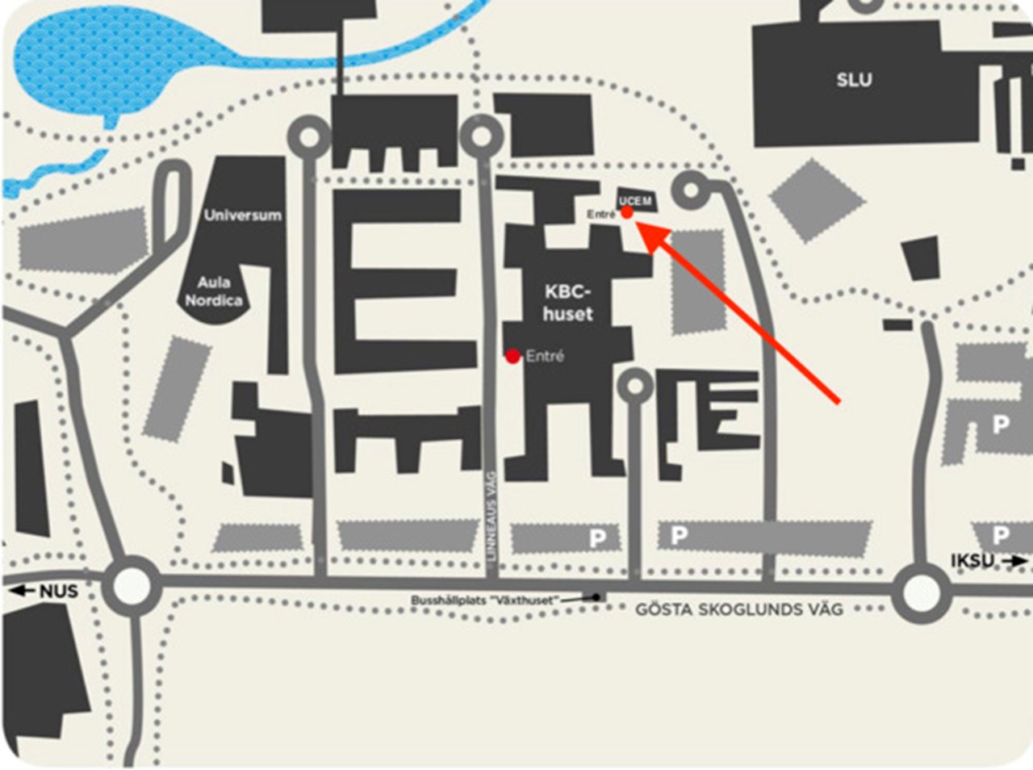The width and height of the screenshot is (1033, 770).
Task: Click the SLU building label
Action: [854, 80]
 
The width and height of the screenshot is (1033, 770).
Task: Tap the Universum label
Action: [242, 215]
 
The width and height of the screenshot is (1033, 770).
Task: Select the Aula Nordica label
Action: [213, 291]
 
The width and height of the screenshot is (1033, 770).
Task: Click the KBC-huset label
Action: [567, 303]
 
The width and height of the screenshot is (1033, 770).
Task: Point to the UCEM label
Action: [635, 200]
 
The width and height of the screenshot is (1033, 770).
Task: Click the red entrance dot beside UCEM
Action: [627, 212]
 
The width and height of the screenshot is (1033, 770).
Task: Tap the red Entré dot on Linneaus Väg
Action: [512, 356]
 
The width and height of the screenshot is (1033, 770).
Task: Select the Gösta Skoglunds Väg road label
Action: [738, 609]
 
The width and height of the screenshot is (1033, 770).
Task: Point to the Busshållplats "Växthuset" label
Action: [483, 601]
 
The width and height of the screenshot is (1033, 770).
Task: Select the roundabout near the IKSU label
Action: [921, 593]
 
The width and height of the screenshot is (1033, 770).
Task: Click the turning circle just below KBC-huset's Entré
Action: [635, 387]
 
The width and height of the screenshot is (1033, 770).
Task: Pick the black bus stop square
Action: [596, 597]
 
